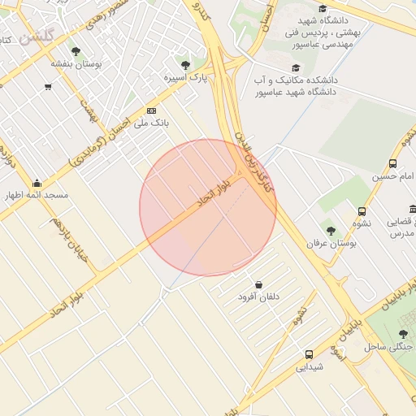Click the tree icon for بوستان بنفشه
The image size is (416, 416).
[x=76, y=51]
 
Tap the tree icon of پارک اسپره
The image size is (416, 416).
[x=185, y=65]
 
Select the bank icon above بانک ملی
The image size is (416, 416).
[x=150, y=110]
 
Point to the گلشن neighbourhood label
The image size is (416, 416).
[x=36, y=37]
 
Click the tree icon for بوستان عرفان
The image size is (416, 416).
[x=330, y=231]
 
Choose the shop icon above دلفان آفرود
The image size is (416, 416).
[x=258, y=285]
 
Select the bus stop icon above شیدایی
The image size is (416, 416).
[x=309, y=354]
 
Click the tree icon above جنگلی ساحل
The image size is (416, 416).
[x=403, y=334]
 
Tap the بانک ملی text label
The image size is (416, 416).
[x=149, y=123]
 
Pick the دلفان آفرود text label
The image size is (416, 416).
[x=258, y=297]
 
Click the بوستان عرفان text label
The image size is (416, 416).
[x=327, y=243]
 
